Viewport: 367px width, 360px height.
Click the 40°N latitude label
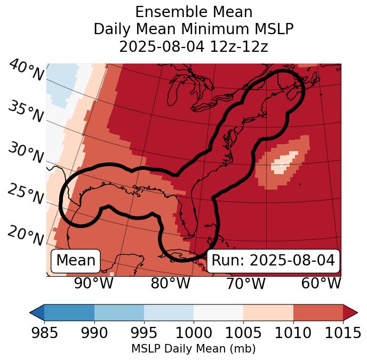(26, 71)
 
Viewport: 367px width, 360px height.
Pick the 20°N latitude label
(26, 236)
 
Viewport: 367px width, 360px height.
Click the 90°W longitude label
(94, 284)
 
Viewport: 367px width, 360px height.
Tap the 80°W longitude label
(170, 284)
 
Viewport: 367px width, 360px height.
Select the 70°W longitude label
(245, 284)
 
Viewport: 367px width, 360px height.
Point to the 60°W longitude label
(321, 284)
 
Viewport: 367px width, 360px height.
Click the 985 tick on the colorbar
(44, 333)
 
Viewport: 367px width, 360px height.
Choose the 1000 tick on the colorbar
(194, 333)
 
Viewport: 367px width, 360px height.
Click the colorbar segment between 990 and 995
(119, 312)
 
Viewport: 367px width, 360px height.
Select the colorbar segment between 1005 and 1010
(268, 312)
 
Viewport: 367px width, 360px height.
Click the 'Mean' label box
(76, 261)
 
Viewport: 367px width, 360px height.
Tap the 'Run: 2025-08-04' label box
(273, 261)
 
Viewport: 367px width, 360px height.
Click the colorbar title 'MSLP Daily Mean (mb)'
(194, 349)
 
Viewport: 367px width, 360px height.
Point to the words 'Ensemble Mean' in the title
(194, 12)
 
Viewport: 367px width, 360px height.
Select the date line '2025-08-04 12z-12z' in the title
(194, 46)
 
